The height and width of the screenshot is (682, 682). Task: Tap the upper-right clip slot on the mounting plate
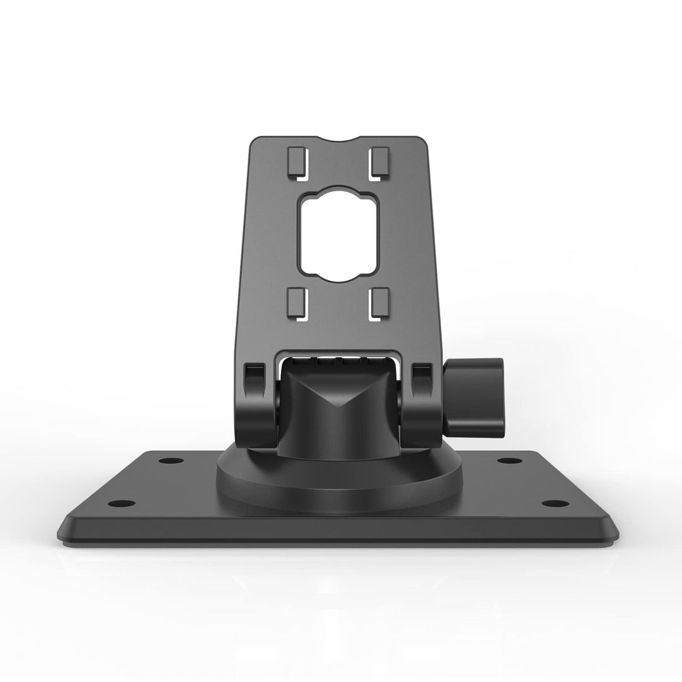[x=380, y=162]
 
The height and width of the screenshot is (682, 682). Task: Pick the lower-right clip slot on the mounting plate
[x=380, y=303]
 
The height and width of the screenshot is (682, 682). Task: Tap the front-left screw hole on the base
[x=121, y=503]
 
